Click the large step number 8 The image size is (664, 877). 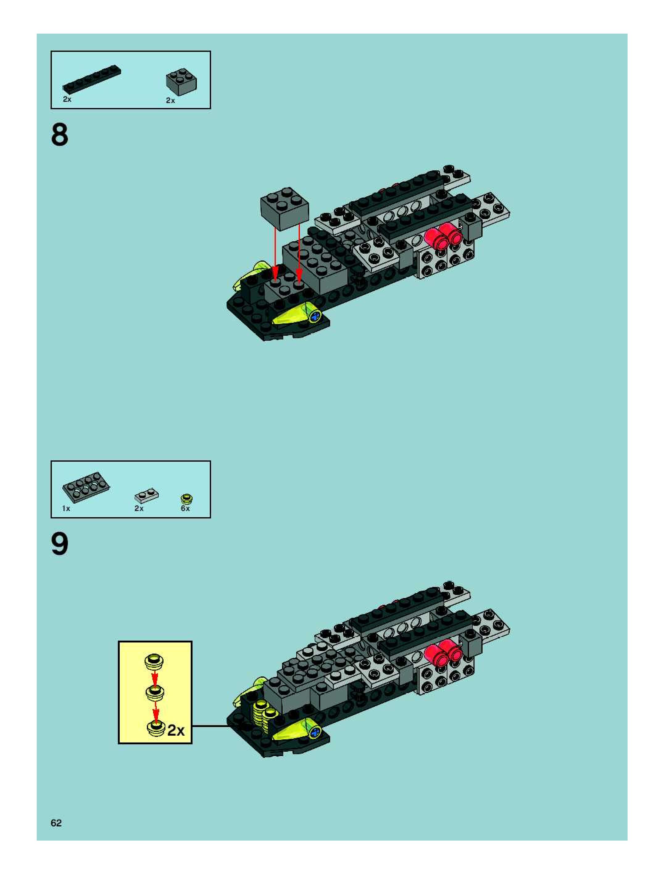coord(60,135)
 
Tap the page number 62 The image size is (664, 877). coord(56,823)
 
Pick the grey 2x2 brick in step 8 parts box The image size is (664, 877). coord(181,82)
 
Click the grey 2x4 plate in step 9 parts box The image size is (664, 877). coord(86,487)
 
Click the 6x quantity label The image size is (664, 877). coord(185,509)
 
